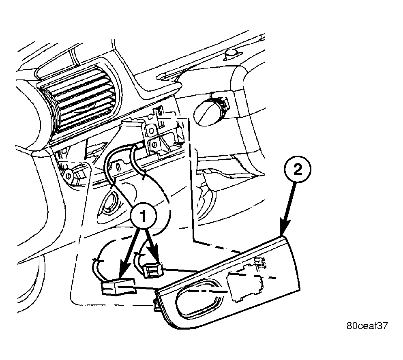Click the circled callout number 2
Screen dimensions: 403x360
click(297, 170)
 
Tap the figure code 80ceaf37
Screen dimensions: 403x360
click(367, 326)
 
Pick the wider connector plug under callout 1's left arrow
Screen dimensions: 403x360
click(119, 287)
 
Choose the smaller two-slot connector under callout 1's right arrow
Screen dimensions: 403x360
click(153, 270)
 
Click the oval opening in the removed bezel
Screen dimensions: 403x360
click(200, 298)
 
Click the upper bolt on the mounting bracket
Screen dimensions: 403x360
click(151, 130)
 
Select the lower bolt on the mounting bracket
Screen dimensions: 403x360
click(154, 145)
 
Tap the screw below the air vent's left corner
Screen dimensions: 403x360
click(68, 176)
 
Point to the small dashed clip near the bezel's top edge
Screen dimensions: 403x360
click(260, 263)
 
